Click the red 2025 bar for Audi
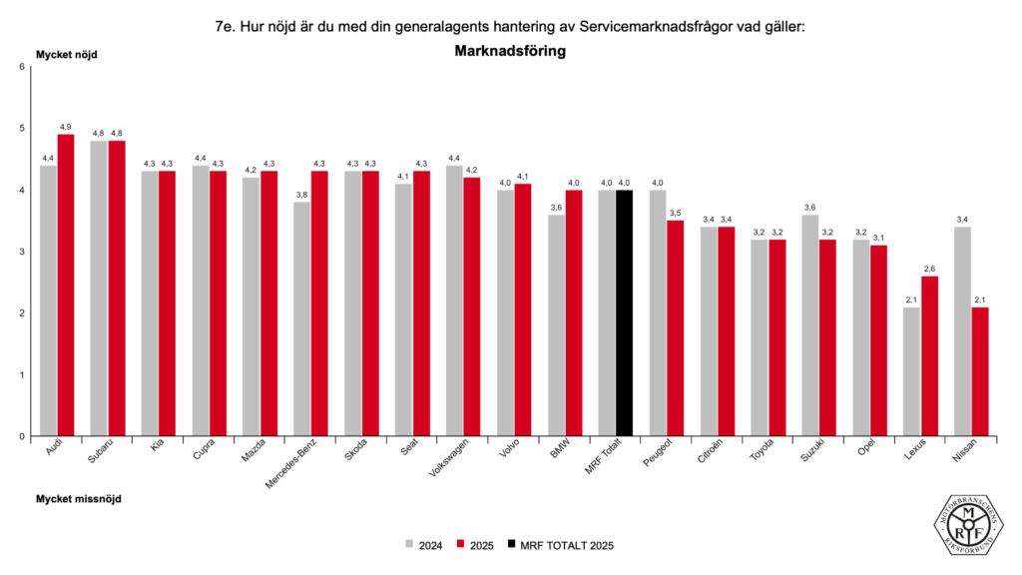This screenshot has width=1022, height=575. (66, 285)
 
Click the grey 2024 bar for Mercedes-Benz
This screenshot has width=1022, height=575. (302, 319)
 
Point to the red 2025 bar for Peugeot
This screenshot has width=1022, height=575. (676, 328)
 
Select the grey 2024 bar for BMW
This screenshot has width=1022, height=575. (557, 325)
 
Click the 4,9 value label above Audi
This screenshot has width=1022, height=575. (66, 127)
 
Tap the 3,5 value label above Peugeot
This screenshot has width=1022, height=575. (676, 213)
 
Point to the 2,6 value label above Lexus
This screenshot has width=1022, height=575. (930, 269)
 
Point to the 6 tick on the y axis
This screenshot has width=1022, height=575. (22, 67)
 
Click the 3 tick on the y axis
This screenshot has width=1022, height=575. (22, 252)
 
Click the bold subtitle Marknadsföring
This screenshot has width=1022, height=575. (510, 51)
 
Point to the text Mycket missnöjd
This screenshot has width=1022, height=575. (78, 497)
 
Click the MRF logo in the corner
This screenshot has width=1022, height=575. (967, 524)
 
